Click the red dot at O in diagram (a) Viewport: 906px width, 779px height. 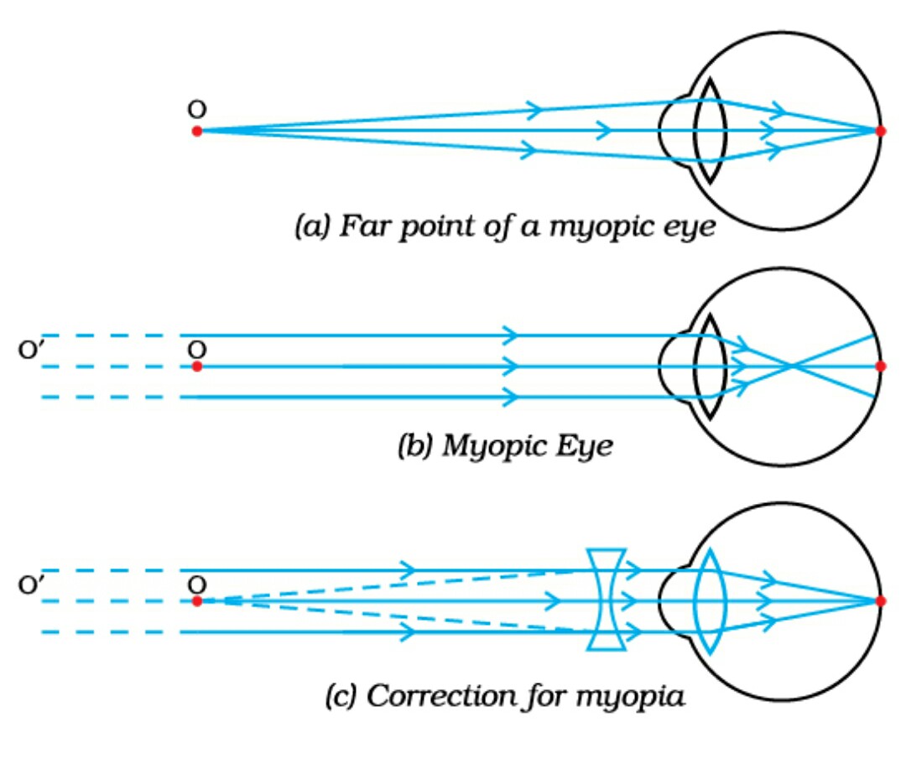click(x=196, y=131)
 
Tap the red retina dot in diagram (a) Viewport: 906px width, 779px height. click(x=880, y=131)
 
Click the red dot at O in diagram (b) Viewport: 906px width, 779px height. click(x=196, y=366)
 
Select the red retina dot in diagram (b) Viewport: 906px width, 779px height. click(x=880, y=366)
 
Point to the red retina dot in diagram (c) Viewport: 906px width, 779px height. click(x=880, y=600)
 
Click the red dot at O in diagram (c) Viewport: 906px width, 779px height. click(x=196, y=600)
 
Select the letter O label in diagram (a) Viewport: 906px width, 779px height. click(x=197, y=109)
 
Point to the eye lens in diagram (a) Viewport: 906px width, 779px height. click(x=709, y=131)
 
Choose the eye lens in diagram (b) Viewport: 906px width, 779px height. click(x=710, y=366)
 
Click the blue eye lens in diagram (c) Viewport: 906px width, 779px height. click(x=710, y=600)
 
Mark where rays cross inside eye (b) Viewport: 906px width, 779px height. click(x=790, y=366)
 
